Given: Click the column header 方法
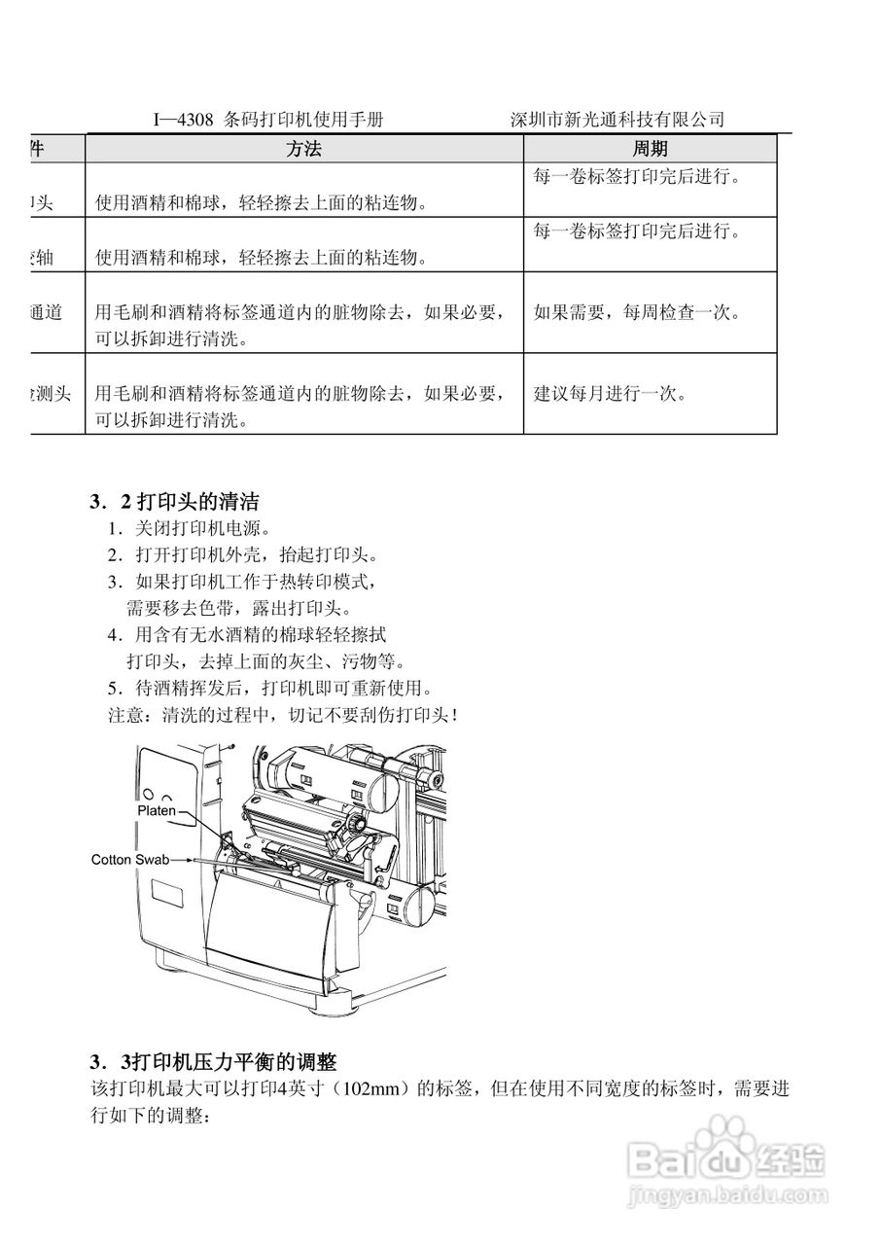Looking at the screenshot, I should (303, 149).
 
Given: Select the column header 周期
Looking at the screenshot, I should (650, 149).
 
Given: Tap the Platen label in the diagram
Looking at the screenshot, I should (156, 809).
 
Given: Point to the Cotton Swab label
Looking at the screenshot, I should (124, 859).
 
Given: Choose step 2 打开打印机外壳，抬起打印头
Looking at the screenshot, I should (242, 555).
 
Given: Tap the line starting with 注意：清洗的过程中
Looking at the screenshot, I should (282, 716).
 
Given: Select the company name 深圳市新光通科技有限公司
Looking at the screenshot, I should (617, 120).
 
